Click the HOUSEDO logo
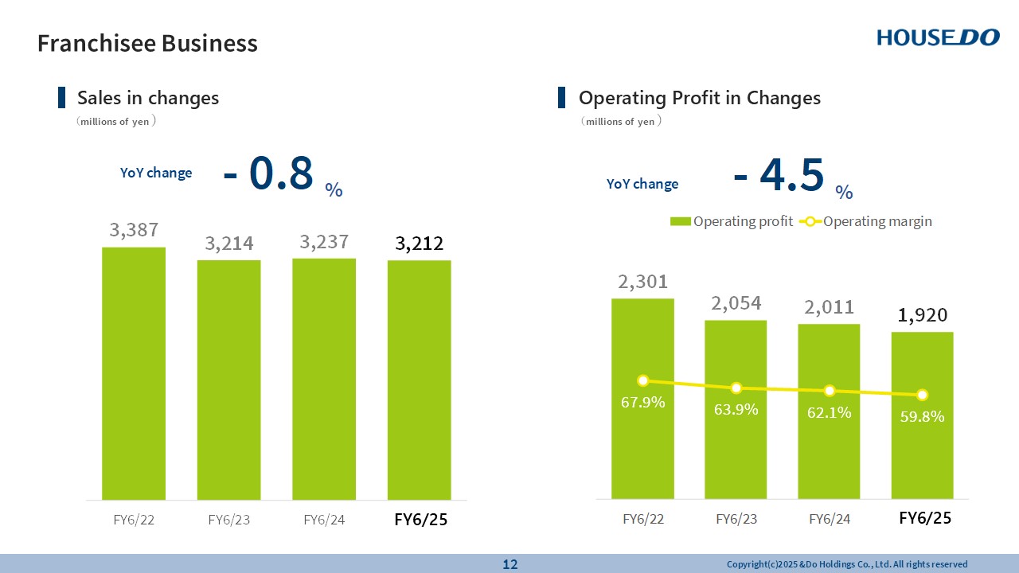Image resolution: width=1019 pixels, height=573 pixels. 938,37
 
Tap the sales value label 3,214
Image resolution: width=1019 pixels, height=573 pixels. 229,244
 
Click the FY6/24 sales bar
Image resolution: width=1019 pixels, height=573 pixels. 324,378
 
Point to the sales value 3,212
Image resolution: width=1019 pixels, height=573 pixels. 419,243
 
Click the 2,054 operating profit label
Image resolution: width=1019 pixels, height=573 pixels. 736,303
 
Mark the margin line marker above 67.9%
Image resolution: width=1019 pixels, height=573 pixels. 643,380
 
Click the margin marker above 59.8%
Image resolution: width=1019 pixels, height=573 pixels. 922,395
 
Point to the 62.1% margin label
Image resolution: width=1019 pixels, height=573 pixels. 829,412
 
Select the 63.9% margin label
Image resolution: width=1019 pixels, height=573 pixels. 736,410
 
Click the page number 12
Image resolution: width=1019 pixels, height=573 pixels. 509,564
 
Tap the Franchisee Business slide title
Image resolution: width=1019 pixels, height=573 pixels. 147,43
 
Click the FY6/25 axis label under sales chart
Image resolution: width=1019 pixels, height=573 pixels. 420,520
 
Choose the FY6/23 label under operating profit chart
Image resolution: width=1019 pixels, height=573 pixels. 736,519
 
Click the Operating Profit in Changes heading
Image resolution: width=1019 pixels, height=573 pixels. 699,98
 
